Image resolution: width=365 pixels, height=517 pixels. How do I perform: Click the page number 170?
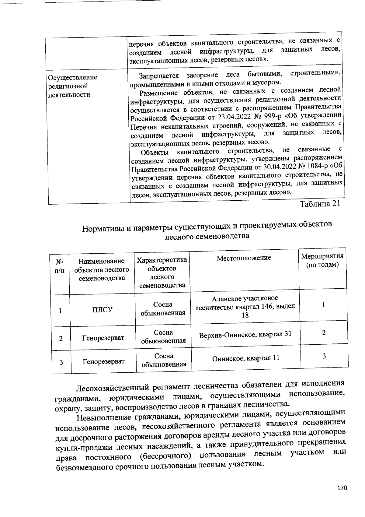[342, 488]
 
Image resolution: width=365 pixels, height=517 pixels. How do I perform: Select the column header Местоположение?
[244, 258]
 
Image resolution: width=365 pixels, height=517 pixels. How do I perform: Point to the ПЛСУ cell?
[102, 310]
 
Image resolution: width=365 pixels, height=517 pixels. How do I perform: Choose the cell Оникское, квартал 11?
[245, 358]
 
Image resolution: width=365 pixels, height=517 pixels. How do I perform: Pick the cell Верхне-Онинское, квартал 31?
[245, 334]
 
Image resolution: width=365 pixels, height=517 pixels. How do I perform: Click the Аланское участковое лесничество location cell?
[245, 307]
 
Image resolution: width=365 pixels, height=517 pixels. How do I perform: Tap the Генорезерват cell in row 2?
[103, 338]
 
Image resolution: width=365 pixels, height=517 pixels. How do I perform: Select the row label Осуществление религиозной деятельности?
[73, 86]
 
